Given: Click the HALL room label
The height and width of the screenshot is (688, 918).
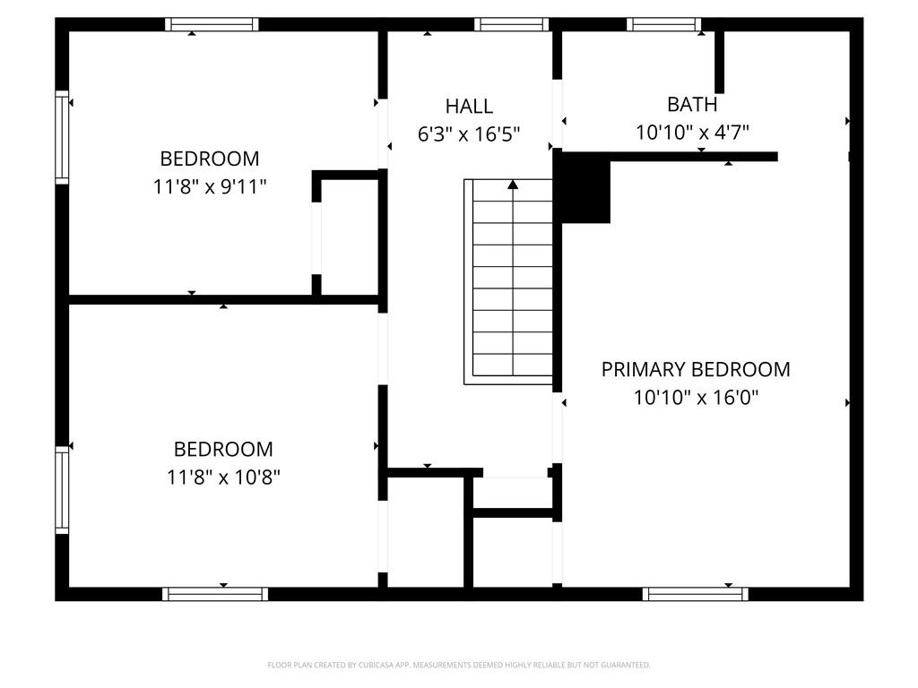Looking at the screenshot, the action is (469, 107).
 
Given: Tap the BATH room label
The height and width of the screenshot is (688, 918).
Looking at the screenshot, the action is (692, 104).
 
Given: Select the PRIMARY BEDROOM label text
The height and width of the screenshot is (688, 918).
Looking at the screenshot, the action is (696, 369).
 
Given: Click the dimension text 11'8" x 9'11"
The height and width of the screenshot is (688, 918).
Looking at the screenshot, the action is (210, 186).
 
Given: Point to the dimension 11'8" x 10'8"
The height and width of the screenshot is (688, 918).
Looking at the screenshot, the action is (223, 477).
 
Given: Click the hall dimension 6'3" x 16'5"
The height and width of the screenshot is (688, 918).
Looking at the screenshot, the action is (469, 134).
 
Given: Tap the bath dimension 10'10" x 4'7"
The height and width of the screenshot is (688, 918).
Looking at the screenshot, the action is (693, 133).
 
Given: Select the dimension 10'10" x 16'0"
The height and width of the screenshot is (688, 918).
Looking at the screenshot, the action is (696, 398).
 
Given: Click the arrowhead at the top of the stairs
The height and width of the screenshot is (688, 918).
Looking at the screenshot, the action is (513, 185).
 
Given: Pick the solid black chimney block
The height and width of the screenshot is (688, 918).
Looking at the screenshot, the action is (585, 188).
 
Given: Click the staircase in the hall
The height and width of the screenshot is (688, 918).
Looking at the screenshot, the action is (508, 281).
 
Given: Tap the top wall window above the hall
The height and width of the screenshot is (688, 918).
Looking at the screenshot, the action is (512, 24).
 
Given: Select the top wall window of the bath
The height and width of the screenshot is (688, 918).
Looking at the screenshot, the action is (664, 24).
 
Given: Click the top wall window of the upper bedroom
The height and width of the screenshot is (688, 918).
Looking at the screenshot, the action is (212, 24).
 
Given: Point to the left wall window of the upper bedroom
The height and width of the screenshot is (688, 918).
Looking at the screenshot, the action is (62, 137).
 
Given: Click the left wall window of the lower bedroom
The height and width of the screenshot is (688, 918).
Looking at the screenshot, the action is (62, 490).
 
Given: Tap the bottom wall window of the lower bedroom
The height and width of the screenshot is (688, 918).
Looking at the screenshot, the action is (215, 594).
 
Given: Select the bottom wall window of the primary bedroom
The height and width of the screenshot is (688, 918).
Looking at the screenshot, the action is (696, 594).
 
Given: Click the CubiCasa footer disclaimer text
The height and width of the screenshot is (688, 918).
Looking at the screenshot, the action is (459, 665).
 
